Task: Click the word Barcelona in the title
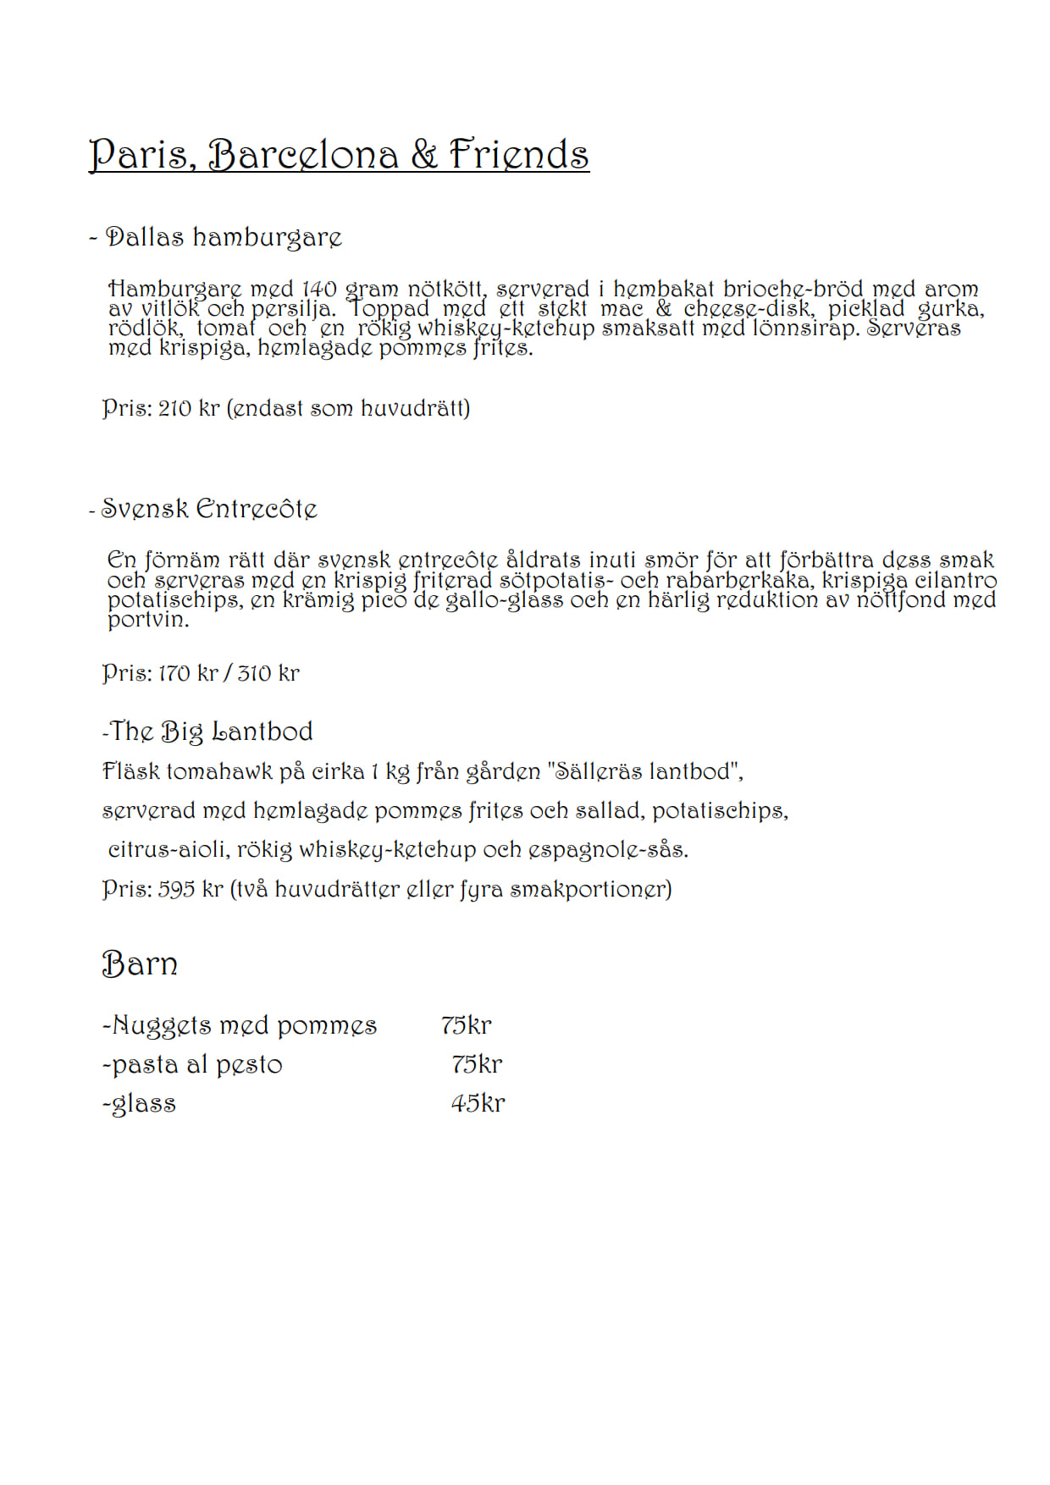point(303,155)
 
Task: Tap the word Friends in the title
point(518,155)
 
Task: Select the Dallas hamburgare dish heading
point(224,237)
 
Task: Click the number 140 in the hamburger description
point(319,290)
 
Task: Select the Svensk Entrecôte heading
point(209,509)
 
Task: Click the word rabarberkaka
point(738,581)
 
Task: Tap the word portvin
point(147,620)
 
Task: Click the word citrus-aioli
point(169,850)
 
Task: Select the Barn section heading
point(140,964)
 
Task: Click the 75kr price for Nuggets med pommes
point(466,1025)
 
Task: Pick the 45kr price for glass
point(478,1104)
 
